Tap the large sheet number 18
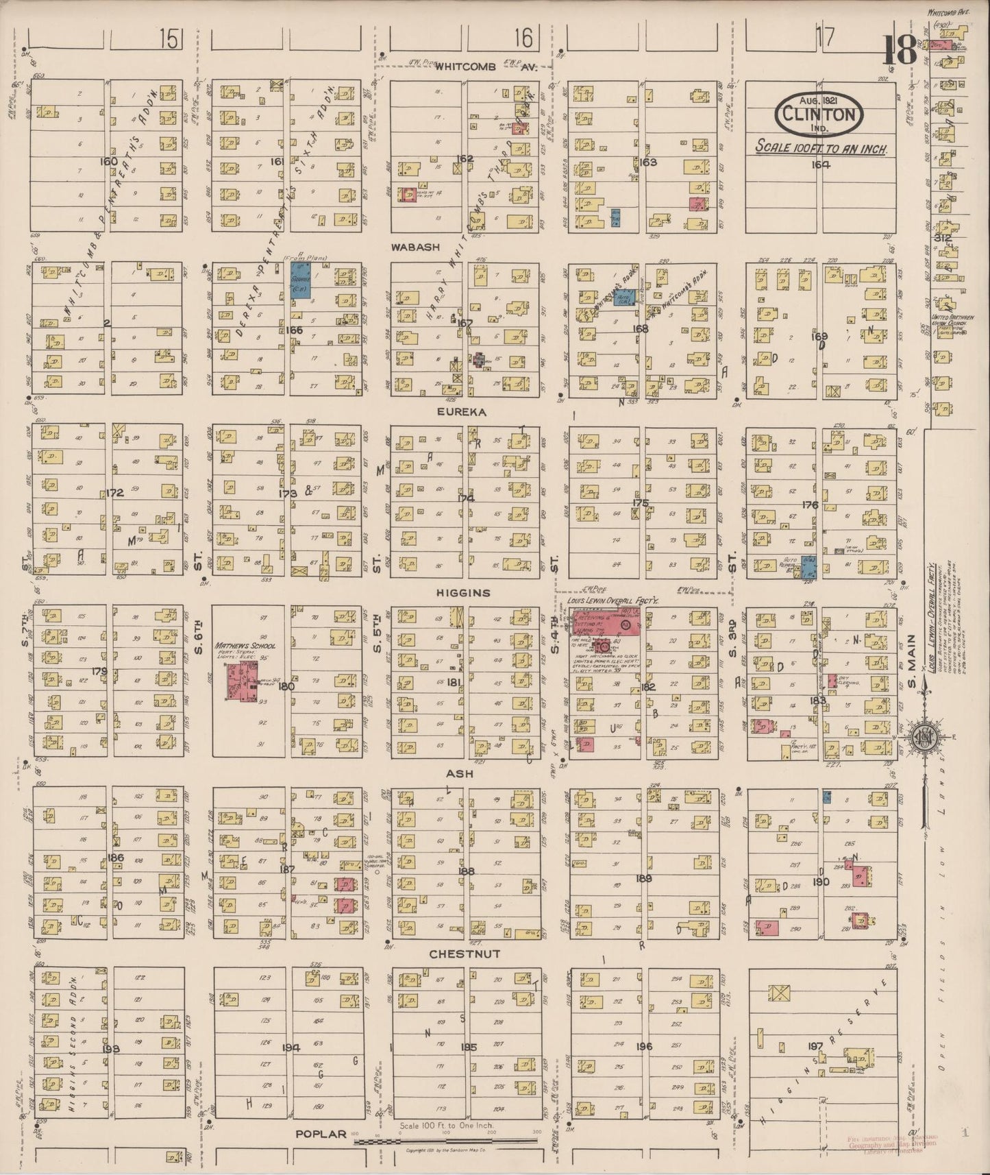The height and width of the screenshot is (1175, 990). click(x=900, y=49)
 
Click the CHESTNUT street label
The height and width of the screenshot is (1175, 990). click(x=465, y=954)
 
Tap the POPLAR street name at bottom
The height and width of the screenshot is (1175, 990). click(x=321, y=1134)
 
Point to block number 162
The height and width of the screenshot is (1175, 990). click(x=465, y=159)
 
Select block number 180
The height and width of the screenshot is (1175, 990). click(x=286, y=686)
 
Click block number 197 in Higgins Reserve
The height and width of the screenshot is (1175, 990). click(x=815, y=1046)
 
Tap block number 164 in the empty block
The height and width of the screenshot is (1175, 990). click(x=820, y=165)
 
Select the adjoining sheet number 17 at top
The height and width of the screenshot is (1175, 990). click(x=826, y=38)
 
